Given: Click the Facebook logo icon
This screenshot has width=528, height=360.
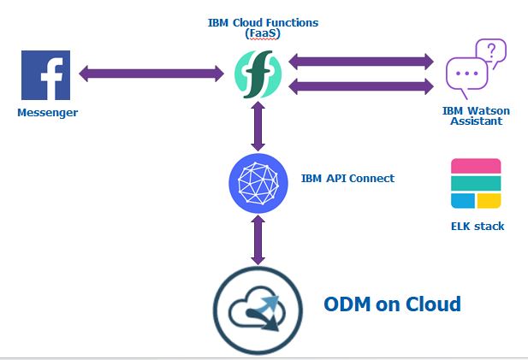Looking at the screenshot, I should [x=45, y=76].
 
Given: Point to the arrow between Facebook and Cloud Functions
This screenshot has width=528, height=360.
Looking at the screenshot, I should [x=151, y=74].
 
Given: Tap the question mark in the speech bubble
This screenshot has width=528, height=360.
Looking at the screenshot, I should [x=490, y=51].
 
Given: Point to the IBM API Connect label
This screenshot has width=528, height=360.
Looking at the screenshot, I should [x=347, y=178].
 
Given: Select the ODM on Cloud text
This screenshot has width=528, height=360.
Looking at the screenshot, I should [x=392, y=304].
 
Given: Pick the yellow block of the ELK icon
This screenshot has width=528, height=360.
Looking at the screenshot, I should [x=489, y=200].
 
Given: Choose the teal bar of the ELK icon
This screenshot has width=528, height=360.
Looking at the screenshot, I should [x=475, y=184].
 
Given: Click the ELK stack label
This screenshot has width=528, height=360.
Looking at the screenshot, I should [x=477, y=227].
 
